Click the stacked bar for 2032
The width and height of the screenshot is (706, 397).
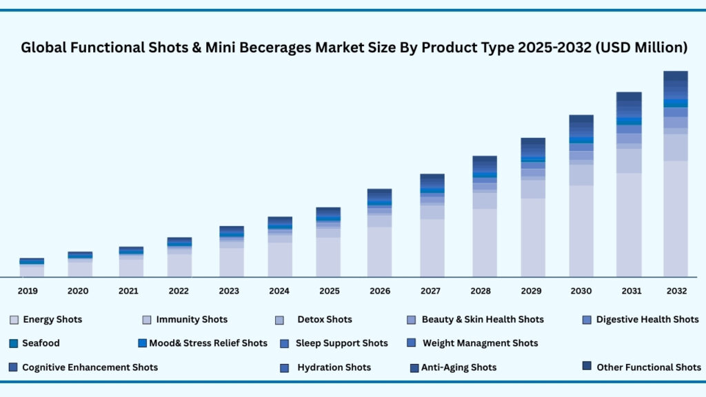point(676,174)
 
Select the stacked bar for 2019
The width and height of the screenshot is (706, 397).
point(32,267)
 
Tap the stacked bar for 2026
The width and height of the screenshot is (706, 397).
point(379,232)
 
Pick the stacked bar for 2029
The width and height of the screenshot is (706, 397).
point(533,207)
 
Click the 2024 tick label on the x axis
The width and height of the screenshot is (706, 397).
point(279,291)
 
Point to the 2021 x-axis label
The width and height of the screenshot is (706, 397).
point(128,291)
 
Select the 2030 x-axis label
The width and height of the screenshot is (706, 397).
point(581,291)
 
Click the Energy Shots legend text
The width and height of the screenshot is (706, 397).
point(52,319)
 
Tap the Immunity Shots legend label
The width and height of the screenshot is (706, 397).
point(192,319)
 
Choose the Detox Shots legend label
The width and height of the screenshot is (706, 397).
point(325,319)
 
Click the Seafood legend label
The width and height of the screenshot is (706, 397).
point(41,343)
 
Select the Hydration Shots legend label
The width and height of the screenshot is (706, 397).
point(334,367)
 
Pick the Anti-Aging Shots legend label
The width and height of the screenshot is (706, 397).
point(458,367)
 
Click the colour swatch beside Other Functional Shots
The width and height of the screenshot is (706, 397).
point(587,366)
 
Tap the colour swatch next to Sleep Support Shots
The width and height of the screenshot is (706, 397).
point(284,343)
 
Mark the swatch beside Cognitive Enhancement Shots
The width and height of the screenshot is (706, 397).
point(13,367)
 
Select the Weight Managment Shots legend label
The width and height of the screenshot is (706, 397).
point(480,343)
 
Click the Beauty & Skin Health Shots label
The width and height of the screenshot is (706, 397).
point(483,319)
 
